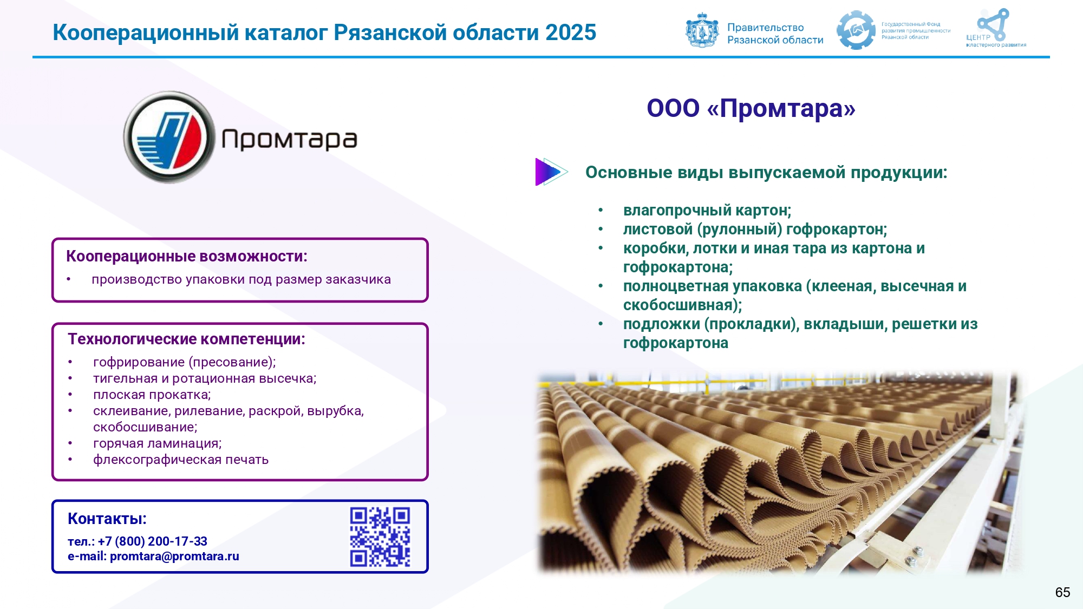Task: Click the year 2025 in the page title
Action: [571, 32]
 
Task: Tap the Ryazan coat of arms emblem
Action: [702, 30]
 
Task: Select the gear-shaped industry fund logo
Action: [856, 30]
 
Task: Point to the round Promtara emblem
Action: [169, 137]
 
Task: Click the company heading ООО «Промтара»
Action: [751, 108]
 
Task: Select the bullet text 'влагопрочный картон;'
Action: [707, 210]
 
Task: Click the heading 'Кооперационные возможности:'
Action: [187, 256]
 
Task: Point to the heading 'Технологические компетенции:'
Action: [186, 339]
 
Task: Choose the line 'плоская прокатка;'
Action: [152, 395]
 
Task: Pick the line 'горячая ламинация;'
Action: [158, 443]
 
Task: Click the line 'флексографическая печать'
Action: [181, 460]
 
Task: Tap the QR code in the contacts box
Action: [380, 537]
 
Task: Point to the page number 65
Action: [1062, 592]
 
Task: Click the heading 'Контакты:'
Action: [107, 519]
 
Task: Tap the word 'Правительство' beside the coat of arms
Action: [765, 27]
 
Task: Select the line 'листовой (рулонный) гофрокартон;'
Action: [755, 230]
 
